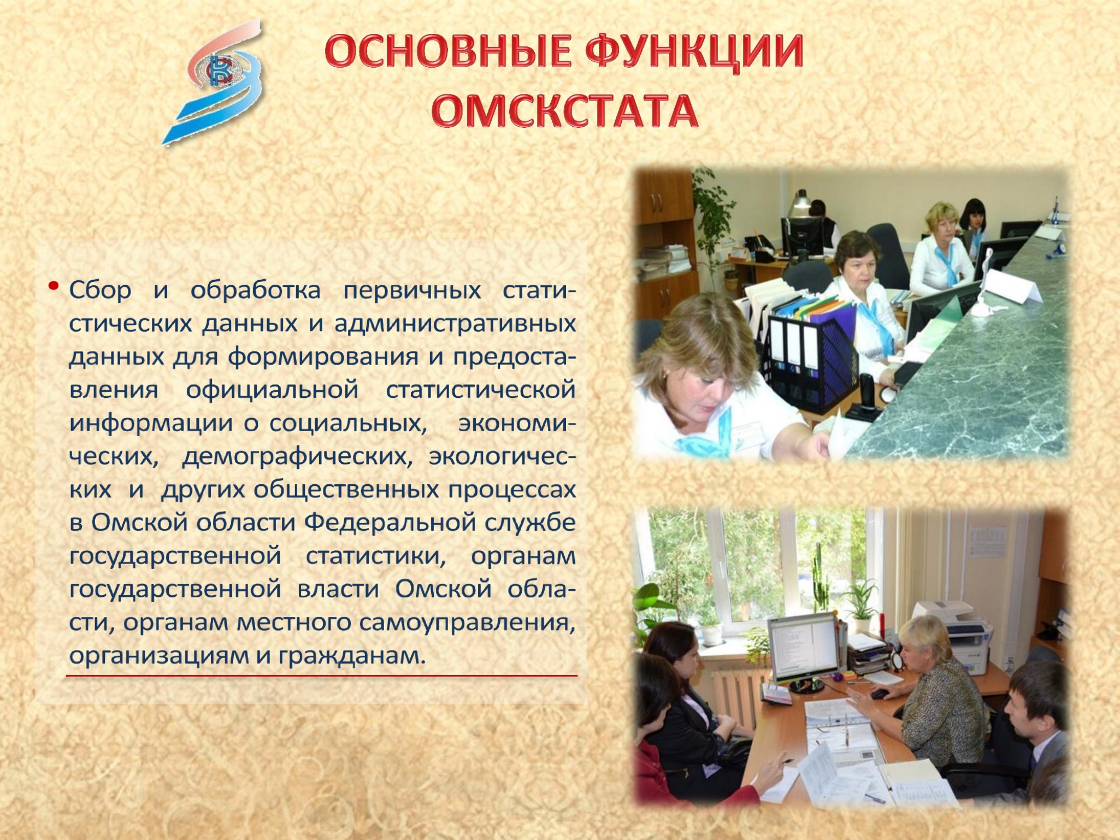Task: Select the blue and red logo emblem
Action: tap(216, 82)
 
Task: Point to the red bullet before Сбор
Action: tap(53, 285)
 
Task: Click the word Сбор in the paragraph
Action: tap(100, 290)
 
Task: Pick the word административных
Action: tap(455, 324)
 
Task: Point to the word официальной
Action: tap(272, 390)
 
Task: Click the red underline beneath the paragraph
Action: tap(322, 676)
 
